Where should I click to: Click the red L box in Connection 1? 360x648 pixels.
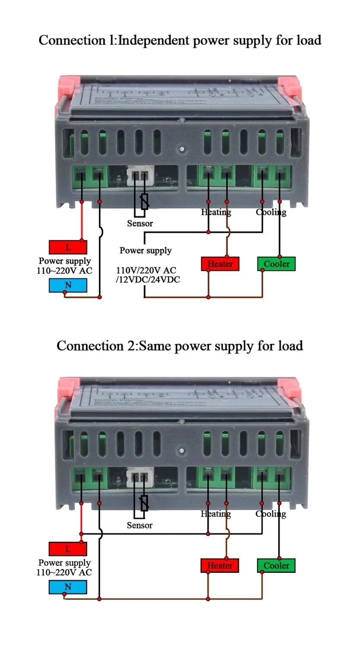point(68,247)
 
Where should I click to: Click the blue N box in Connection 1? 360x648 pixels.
point(68,285)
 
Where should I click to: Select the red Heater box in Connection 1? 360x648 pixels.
point(220,264)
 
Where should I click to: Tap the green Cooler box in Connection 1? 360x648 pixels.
point(276,264)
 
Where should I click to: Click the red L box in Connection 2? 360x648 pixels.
point(68,549)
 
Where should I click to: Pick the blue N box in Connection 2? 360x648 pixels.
point(68,587)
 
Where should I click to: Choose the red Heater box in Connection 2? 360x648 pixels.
point(220,565)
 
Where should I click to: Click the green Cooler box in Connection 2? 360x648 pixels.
point(276,565)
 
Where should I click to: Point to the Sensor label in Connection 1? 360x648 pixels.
point(140,223)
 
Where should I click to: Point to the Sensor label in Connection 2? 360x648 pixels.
point(140,525)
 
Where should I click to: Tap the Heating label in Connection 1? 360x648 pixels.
point(216,212)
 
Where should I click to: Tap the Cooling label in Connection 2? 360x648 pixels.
point(271,514)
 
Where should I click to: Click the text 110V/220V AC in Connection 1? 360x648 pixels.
point(146,270)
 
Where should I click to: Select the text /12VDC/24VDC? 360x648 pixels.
point(148,280)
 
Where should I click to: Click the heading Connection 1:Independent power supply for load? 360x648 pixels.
point(180,40)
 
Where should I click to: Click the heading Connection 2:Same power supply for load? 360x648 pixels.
point(180,346)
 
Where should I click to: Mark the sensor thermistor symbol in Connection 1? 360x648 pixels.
point(145,201)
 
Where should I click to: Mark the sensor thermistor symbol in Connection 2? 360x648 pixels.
point(144,503)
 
